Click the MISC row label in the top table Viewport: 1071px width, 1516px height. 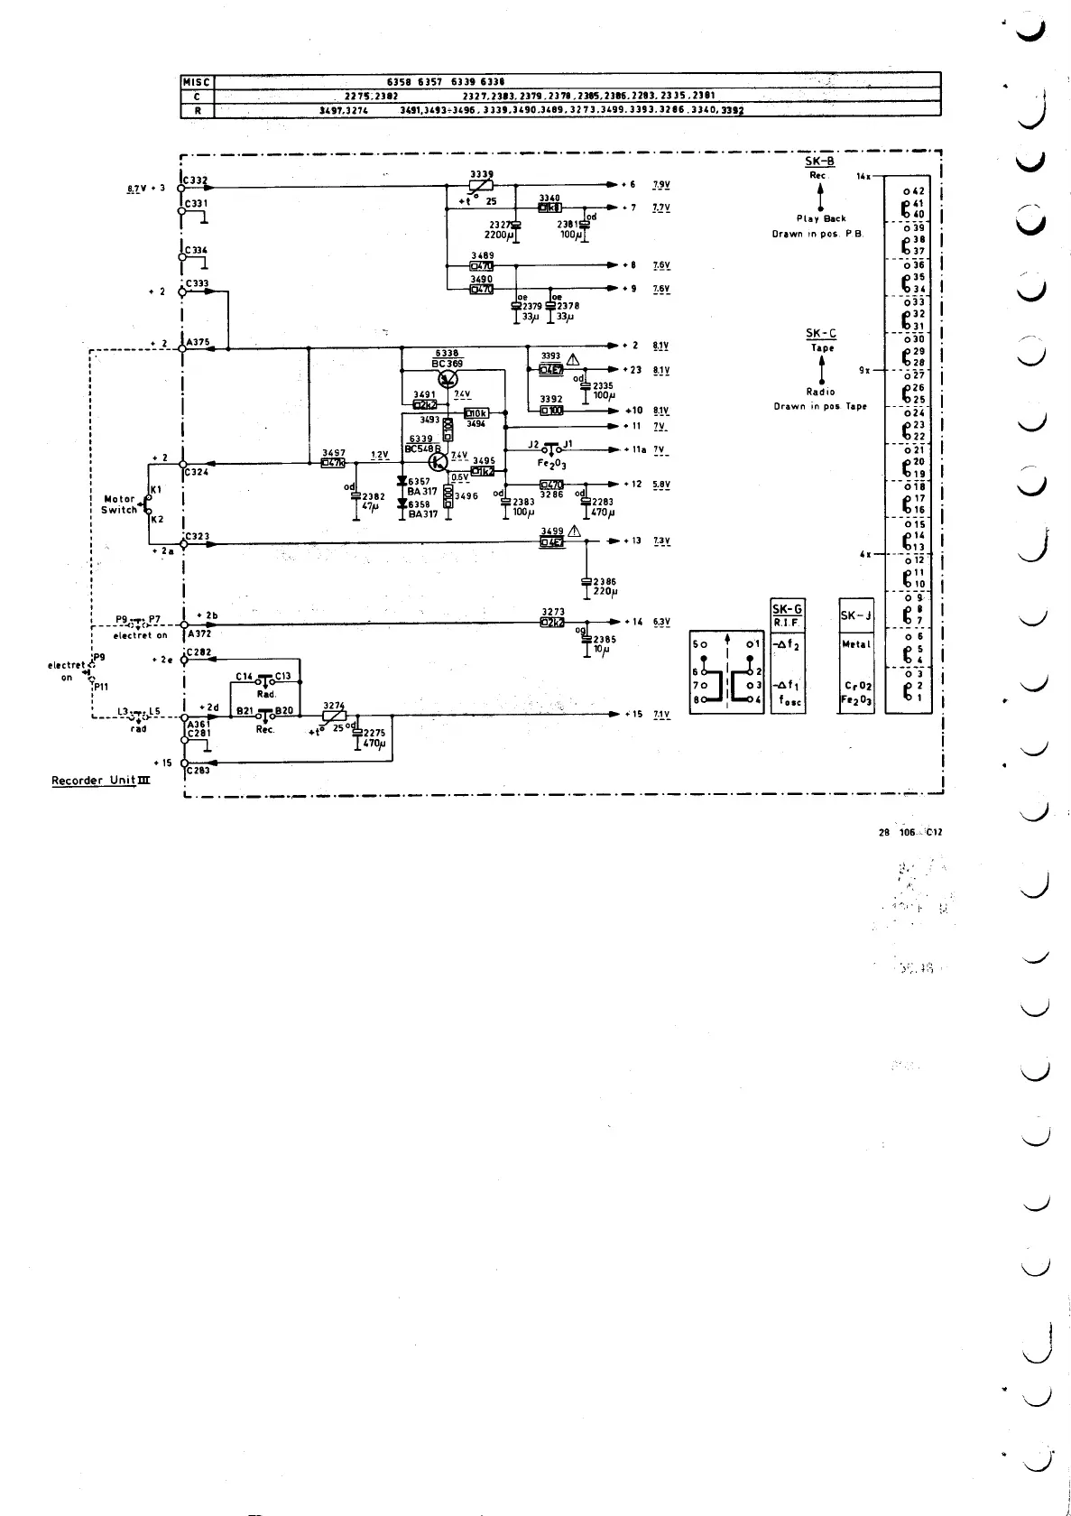coord(196,81)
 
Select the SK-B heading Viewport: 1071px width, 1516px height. coord(819,162)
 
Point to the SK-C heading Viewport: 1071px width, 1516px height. coord(820,334)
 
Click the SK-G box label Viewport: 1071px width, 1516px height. coord(787,609)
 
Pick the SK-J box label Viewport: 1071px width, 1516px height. coord(855,615)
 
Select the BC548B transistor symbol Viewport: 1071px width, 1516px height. coord(439,462)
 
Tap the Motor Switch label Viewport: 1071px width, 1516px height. coord(119,504)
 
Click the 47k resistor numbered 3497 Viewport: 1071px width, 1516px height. coord(334,464)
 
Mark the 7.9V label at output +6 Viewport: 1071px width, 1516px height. coord(660,184)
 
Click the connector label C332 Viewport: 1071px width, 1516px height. coord(196,180)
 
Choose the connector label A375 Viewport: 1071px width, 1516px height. coord(199,342)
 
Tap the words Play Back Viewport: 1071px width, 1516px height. coord(821,218)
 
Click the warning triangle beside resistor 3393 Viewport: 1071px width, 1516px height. coord(572,356)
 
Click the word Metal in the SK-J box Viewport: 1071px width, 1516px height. coord(855,644)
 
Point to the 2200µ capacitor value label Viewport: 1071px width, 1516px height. coord(498,235)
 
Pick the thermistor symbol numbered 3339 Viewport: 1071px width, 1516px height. coord(481,187)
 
